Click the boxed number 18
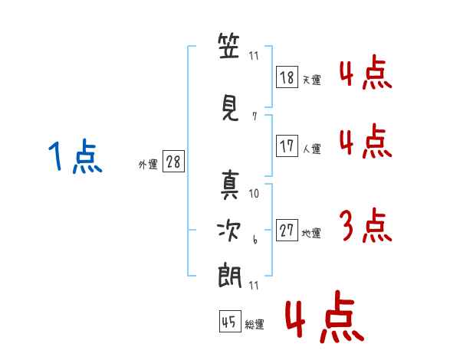(x=287, y=77)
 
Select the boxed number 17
(x=287, y=146)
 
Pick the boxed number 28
(x=172, y=162)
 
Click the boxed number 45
(x=229, y=322)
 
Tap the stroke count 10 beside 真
(x=255, y=194)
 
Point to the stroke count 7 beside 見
(x=254, y=116)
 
